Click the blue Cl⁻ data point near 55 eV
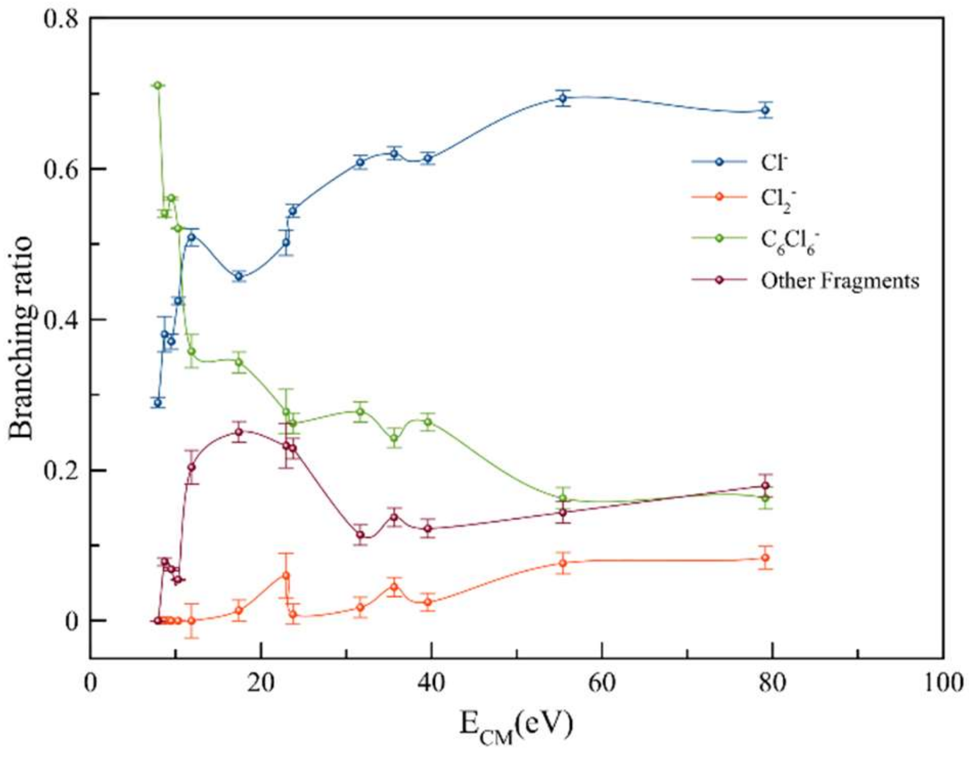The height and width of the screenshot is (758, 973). tap(563, 99)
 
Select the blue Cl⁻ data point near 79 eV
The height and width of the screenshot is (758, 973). tap(765, 110)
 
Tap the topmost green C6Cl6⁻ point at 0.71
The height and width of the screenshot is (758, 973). tap(158, 85)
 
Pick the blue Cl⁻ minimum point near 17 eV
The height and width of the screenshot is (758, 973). tap(238, 276)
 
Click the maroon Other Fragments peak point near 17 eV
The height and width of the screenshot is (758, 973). tap(238, 432)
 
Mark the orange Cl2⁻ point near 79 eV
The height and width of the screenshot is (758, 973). tap(765, 558)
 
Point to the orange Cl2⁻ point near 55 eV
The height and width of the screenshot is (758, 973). tap(563, 563)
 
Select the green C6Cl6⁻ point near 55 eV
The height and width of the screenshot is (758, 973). tap(563, 498)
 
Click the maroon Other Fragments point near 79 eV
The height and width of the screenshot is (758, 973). tap(765, 486)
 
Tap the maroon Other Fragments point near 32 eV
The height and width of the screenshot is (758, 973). tap(360, 535)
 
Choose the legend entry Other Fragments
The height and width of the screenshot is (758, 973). tap(840, 280)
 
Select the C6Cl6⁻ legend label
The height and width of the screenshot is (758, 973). tap(790, 241)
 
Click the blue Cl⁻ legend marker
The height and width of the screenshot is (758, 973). tap(719, 162)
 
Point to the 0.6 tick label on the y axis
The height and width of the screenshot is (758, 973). tap(61, 169)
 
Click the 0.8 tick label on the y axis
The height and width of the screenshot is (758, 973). tap(61, 19)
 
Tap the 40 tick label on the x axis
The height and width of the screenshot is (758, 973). tap(431, 683)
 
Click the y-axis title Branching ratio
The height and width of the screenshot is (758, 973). tap(22, 338)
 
